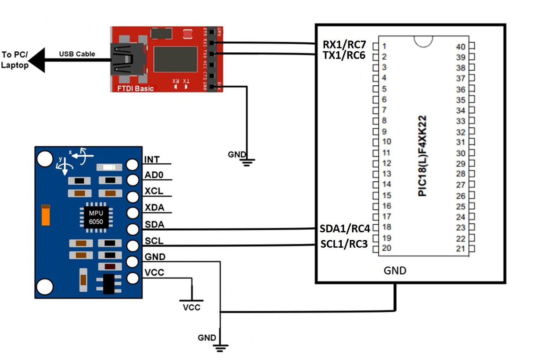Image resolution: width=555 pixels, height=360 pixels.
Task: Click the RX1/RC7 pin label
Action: tap(344, 44)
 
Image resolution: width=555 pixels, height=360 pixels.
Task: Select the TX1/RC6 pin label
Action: tap(344, 55)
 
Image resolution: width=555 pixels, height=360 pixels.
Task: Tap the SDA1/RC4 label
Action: tap(344, 229)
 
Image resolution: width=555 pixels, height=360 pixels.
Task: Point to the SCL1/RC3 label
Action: tap(344, 244)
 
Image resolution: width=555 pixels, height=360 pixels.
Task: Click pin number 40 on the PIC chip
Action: tap(460, 46)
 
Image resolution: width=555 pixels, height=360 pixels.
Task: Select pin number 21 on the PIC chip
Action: tap(460, 248)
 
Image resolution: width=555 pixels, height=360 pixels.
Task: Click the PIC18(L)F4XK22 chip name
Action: tap(422, 156)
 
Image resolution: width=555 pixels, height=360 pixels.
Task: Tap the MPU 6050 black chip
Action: tap(96, 217)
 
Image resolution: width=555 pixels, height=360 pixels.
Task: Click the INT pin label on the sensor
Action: tap(152, 160)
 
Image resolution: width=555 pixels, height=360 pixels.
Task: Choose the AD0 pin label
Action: tap(154, 175)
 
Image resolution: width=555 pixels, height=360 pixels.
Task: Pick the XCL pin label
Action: tap(154, 191)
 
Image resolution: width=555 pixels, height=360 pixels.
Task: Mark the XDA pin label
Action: tap(154, 207)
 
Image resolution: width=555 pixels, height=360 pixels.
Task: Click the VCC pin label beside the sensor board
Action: tap(154, 273)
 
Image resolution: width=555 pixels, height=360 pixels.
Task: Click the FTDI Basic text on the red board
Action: tap(135, 88)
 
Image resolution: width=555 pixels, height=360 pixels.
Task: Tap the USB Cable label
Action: tap(77, 54)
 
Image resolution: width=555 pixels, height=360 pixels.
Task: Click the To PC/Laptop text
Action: tap(15, 60)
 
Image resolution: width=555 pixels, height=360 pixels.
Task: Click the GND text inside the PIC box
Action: tap(395, 271)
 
